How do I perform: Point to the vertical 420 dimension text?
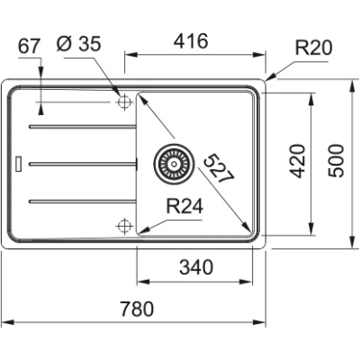point(301,159)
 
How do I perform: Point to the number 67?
point(30,45)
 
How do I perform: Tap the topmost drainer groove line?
point(81,127)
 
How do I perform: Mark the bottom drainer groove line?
point(81,199)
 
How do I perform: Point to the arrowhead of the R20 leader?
point(269,79)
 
